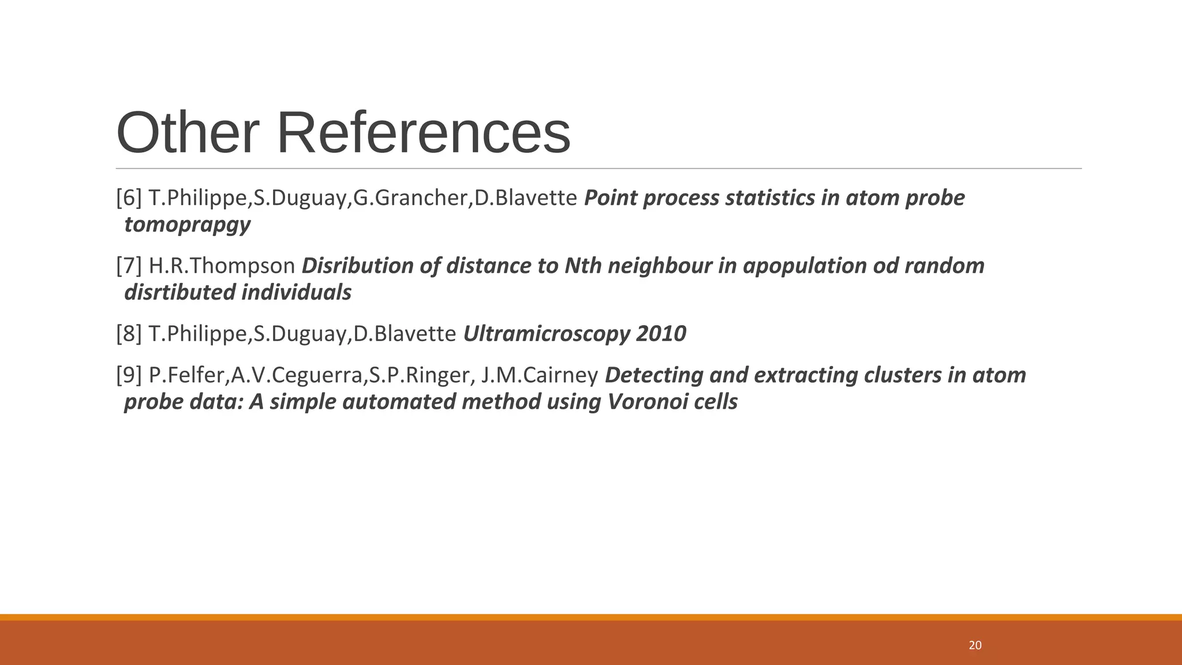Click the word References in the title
pos(424,133)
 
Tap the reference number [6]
pos(129,198)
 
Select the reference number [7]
pos(129,266)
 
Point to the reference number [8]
pos(129,334)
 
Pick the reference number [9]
pos(129,375)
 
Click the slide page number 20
pos(975,645)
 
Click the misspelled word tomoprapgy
pos(188,225)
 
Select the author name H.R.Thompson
pos(222,266)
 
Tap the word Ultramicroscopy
pos(546,334)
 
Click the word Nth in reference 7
pos(583,266)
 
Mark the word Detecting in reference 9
pos(654,375)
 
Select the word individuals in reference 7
pos(296,293)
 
